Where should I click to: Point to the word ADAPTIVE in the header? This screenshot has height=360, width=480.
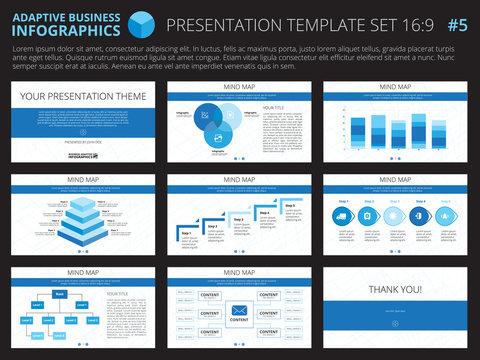[37, 16]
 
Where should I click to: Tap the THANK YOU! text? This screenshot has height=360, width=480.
[395, 289]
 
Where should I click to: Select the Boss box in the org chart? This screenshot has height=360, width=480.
[60, 294]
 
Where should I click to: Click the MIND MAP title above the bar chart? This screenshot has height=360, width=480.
[395, 87]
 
